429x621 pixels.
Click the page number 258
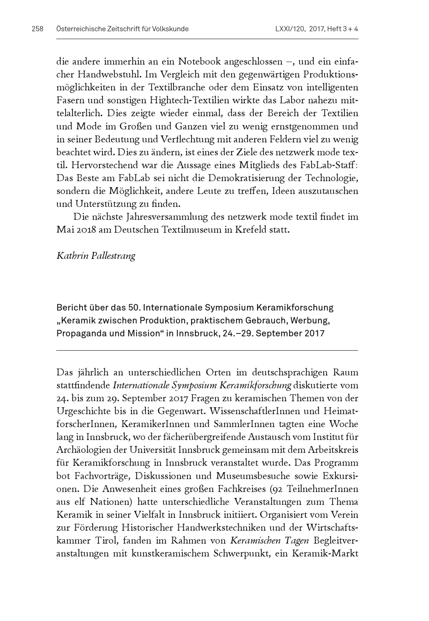coord(37,29)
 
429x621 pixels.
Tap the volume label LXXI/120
coord(290,29)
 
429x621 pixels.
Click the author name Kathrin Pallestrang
coord(96,256)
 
